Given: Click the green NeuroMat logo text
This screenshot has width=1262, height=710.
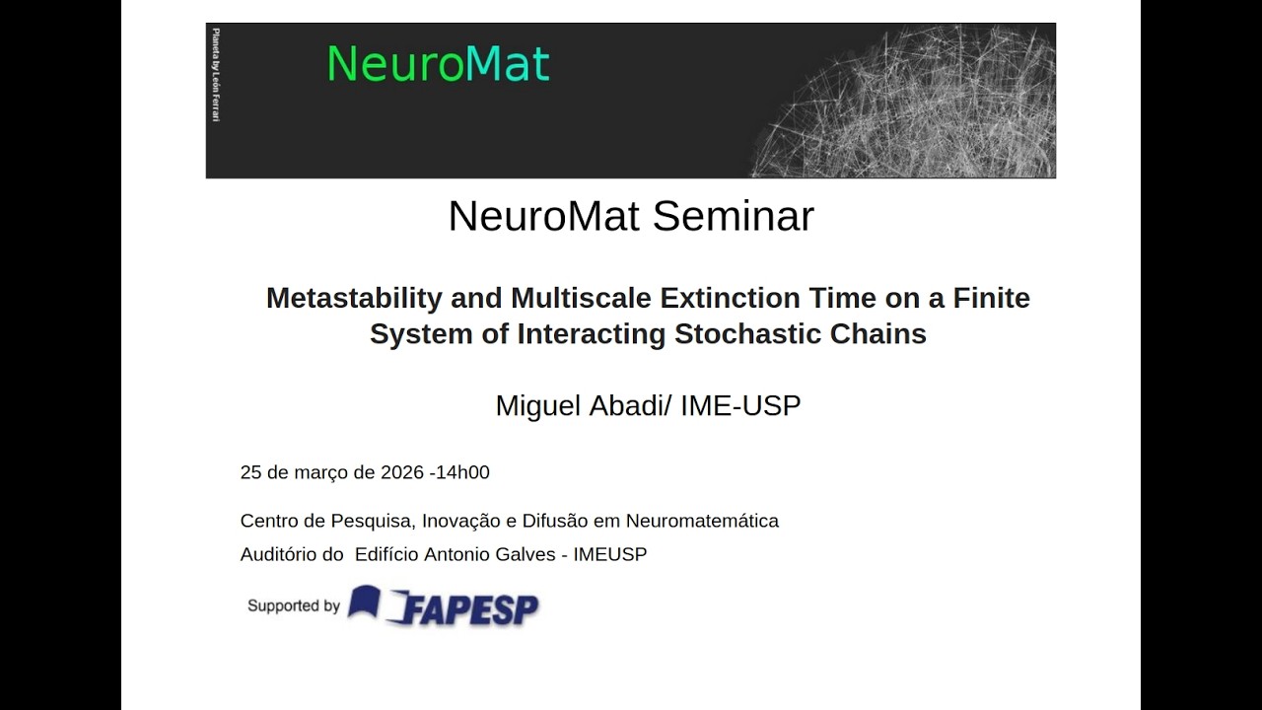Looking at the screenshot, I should point(438,64).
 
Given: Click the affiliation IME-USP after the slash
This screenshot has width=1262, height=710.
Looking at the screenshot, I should point(740,405).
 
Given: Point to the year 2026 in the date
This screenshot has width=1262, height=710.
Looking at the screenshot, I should point(402,472).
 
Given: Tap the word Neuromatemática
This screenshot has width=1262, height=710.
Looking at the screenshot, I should point(702,521).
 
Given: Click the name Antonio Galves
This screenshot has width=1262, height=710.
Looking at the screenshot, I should point(489,554).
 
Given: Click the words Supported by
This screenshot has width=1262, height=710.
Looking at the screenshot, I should point(293,605).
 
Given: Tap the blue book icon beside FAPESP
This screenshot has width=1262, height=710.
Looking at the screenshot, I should point(364,601).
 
